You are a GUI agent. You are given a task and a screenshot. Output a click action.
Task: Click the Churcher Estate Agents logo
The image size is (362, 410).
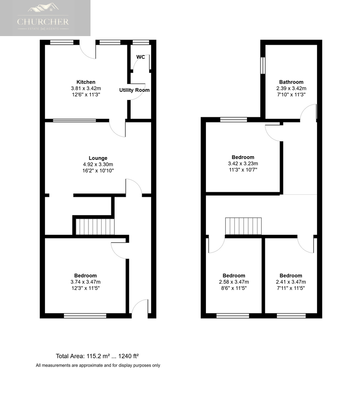click(x=43, y=17)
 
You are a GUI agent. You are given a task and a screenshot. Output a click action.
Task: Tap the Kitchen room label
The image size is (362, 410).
click(x=86, y=82)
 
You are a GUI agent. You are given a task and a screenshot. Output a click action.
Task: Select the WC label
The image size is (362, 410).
click(x=140, y=57)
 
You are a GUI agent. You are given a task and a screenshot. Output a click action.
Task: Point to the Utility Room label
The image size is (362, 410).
click(x=134, y=90)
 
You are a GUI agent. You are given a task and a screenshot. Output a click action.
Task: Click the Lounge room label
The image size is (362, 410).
click(x=98, y=158)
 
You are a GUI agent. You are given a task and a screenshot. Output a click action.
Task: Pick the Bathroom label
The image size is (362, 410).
click(x=291, y=82)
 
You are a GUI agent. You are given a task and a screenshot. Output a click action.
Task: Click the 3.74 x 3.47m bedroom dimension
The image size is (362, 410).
click(x=86, y=282)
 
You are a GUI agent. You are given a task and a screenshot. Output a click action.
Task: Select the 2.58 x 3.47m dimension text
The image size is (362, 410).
click(x=234, y=282)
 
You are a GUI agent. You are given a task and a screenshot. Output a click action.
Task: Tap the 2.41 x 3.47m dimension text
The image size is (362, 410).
click(x=291, y=282)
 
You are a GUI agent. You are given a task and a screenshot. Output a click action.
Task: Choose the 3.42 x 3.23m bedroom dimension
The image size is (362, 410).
click(x=243, y=164)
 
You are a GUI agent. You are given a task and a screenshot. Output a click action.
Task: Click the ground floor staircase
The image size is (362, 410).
click(x=95, y=227)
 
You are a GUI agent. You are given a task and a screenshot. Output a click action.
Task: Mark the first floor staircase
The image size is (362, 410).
click(x=243, y=226)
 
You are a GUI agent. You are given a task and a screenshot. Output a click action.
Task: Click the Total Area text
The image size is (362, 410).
click(x=97, y=356)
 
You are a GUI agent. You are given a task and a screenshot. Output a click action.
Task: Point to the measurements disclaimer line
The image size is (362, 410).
click(x=98, y=366)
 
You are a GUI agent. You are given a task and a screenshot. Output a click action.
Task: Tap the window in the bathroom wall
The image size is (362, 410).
click(x=263, y=66)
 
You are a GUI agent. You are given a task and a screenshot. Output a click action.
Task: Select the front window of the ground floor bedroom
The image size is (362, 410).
click(x=85, y=316)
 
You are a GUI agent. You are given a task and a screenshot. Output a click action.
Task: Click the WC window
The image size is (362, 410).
click(x=141, y=42)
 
